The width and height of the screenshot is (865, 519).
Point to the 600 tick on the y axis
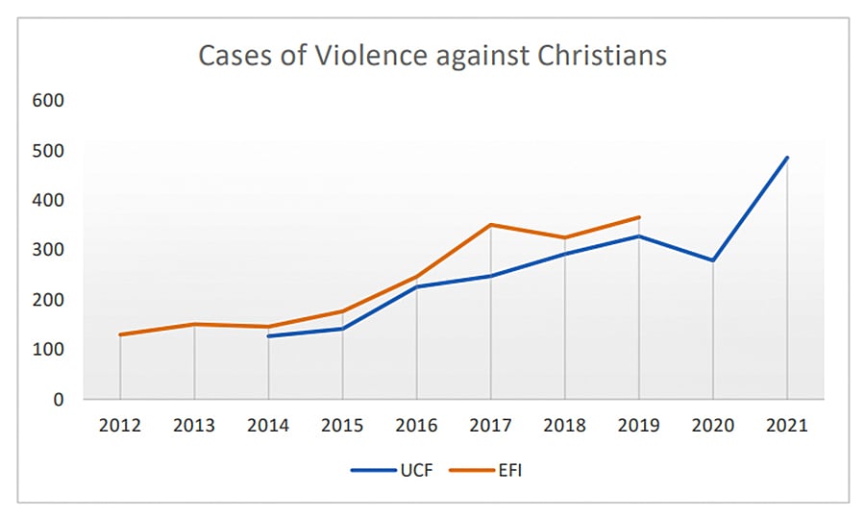[x=48, y=101]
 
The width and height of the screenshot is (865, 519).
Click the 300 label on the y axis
[x=48, y=250]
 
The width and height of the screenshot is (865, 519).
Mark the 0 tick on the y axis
[x=59, y=399]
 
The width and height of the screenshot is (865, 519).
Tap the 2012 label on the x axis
[x=120, y=425]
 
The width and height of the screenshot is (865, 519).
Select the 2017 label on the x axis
[x=490, y=425]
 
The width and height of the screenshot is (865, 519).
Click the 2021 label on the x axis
[x=787, y=425]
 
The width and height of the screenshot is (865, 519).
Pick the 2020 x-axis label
[x=713, y=425]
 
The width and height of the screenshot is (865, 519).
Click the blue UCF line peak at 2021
[x=787, y=158]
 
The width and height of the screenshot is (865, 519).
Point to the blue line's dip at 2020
[x=713, y=260]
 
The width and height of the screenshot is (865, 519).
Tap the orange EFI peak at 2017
[x=490, y=225]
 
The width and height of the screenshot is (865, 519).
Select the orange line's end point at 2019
[x=639, y=217]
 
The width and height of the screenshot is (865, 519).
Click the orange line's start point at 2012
[x=120, y=334]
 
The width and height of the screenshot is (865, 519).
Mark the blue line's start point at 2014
[x=268, y=336]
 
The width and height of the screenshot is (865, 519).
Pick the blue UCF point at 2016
[x=416, y=286]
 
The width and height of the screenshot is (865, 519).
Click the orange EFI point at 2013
[x=194, y=324]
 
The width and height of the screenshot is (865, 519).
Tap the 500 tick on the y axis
[x=48, y=151]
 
